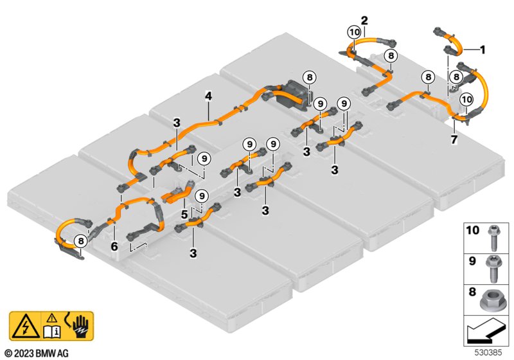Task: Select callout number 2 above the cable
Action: pyautogui.click(x=364, y=20)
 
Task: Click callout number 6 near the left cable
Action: pyautogui.click(x=114, y=246)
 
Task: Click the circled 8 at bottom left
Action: pyautogui.click(x=80, y=241)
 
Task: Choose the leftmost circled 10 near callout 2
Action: pyautogui.click(x=354, y=32)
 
